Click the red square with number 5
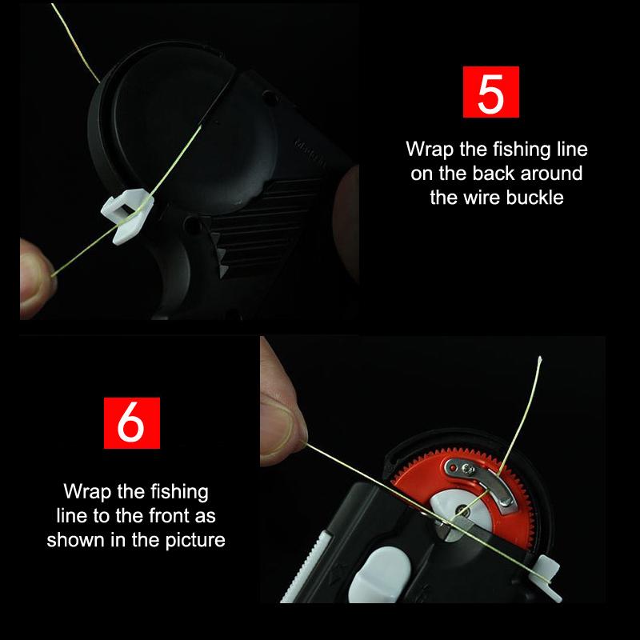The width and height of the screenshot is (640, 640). (x=490, y=92)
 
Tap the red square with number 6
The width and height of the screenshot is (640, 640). (x=132, y=423)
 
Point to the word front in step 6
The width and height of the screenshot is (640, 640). (x=169, y=515)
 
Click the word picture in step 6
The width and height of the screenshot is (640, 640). (x=195, y=541)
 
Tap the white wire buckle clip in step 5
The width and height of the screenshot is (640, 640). (x=127, y=216)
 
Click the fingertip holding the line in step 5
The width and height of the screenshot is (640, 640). (x=37, y=278)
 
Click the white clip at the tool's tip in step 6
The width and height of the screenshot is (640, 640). (x=546, y=576)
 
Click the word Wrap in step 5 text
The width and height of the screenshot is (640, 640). (x=430, y=150)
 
